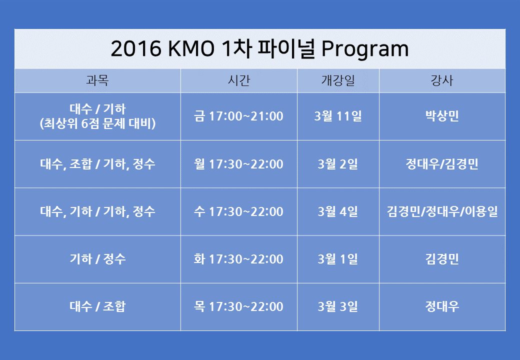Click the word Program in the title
point(365,49)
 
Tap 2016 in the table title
point(136,48)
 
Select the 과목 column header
point(97,80)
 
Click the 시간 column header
point(239,80)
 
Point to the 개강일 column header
point(338,80)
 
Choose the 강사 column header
point(442,80)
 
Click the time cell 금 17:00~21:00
point(239,116)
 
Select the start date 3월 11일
point(338,116)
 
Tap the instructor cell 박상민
point(442,116)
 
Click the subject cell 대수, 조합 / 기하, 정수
point(97,164)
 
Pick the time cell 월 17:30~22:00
point(239,164)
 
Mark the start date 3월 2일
point(338,164)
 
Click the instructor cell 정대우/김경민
point(442,164)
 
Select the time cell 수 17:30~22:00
point(239,211)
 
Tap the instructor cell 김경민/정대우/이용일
point(442,211)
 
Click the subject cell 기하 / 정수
point(97,259)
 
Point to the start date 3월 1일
point(338,259)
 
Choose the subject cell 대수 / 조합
point(97,306)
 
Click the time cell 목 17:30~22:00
point(239,306)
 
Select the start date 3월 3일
point(338,306)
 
